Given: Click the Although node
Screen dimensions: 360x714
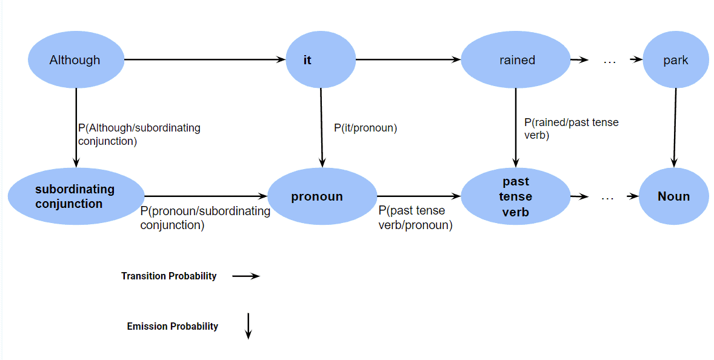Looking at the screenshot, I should point(76,60).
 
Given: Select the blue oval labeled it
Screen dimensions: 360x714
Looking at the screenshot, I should point(320,60).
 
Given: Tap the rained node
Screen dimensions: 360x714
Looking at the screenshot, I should point(516,60).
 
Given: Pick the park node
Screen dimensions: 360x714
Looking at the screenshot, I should point(675,60).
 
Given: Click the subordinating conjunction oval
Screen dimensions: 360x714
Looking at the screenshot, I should point(76,196).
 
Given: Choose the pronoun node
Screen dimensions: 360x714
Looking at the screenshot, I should point(322,196).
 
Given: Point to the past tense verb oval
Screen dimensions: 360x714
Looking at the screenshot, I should point(516,196).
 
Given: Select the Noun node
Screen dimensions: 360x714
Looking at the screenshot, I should point(673,196).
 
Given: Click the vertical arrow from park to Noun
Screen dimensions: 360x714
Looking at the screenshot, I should point(675,127).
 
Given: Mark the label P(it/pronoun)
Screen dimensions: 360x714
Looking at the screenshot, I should point(365,128).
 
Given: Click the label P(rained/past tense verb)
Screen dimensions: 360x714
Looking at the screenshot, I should point(570,128).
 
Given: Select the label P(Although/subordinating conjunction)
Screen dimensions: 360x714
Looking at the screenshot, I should point(139,134).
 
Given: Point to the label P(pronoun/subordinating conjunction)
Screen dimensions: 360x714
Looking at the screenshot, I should point(205,218).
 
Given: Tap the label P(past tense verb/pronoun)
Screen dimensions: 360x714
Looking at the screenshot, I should point(415,218).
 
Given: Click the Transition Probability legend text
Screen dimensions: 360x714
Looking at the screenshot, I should point(168,276).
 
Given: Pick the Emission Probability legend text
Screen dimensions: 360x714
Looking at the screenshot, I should point(172,326).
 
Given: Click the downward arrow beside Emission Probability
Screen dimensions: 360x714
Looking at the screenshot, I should point(248,326).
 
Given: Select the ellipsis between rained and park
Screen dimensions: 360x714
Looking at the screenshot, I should point(610,60).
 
